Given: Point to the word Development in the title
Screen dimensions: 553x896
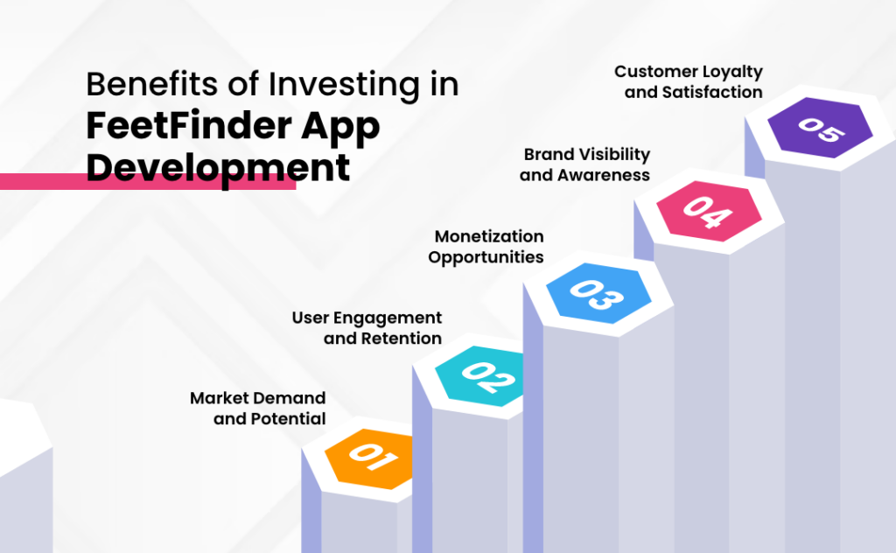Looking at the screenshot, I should [x=218, y=166].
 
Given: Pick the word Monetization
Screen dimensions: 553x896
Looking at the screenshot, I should [x=489, y=236].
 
